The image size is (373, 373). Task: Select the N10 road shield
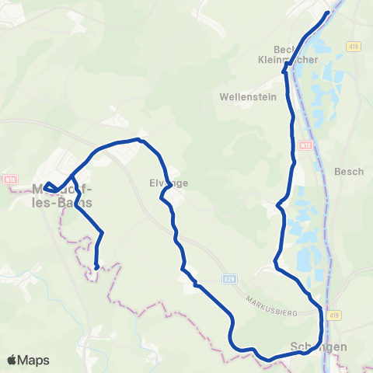tap(305, 145)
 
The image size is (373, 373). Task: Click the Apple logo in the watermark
tap(12, 360)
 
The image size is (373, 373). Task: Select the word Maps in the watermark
tap(34, 360)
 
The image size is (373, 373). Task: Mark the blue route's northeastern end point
tap(328, 12)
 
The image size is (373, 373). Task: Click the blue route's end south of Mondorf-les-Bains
tap(96, 267)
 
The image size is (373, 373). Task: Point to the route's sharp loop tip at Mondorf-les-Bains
tap(46, 186)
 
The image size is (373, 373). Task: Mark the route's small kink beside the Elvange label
tap(163, 197)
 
